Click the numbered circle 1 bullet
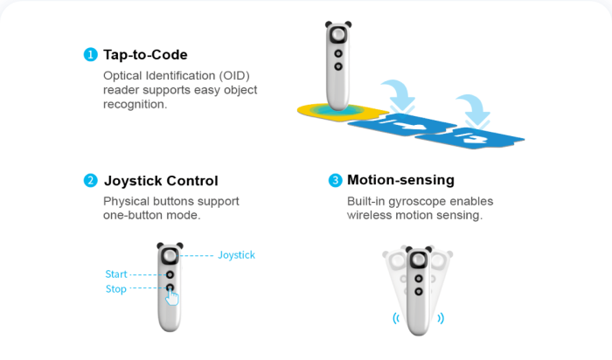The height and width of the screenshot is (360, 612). (x=91, y=54)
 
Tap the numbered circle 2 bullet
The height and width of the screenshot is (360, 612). (x=91, y=181)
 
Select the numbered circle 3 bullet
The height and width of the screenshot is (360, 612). (x=335, y=180)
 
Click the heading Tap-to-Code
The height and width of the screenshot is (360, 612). (x=145, y=54)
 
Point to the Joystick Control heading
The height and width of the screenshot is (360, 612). (x=161, y=181)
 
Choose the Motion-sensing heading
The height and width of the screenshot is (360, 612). (x=400, y=180)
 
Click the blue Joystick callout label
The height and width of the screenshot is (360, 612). (x=236, y=255)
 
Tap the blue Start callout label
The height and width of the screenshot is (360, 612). (x=116, y=274)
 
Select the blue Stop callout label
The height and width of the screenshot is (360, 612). (x=116, y=289)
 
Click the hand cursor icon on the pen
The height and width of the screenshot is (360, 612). (x=171, y=297)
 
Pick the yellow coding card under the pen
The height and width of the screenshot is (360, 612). (x=343, y=113)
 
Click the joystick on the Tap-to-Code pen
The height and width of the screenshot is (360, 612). (x=338, y=35)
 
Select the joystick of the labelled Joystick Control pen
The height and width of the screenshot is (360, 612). (x=170, y=256)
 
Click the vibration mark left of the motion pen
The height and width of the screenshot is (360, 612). (x=396, y=318)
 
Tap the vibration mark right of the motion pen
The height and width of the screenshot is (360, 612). (x=441, y=318)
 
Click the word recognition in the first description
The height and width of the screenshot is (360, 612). (x=135, y=105)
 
